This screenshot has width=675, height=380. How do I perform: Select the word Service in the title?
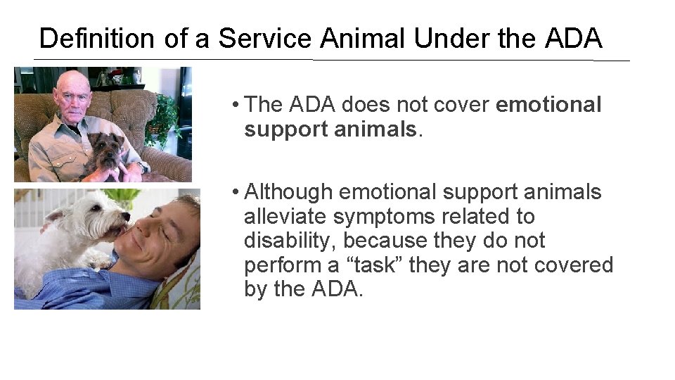tap(264, 38)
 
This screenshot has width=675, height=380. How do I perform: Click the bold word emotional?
tap(548, 105)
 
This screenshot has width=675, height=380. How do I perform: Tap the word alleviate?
tap(289, 217)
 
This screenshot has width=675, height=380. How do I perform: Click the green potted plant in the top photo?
tap(165, 116)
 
